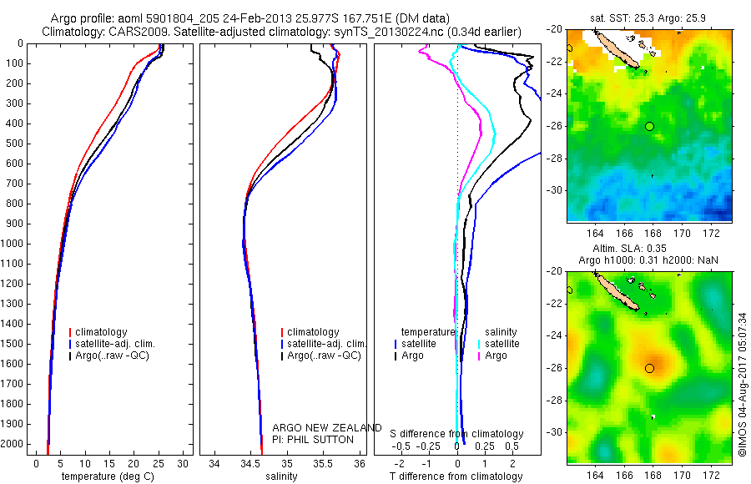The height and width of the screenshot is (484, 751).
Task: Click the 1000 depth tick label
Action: point(13,244)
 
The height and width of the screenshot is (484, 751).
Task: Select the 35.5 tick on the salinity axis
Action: point(324,463)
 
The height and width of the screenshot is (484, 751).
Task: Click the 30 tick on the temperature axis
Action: point(183,463)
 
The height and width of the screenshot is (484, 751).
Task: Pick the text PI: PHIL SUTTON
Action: point(313,439)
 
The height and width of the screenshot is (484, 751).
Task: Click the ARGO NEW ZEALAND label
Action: point(327,428)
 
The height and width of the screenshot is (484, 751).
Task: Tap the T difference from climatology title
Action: point(456,476)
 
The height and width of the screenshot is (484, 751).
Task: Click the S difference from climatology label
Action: point(457,434)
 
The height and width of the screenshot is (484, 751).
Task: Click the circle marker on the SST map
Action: point(650,126)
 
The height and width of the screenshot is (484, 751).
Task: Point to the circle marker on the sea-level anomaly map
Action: point(650,368)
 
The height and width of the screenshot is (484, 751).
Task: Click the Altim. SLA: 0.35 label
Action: point(649,249)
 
